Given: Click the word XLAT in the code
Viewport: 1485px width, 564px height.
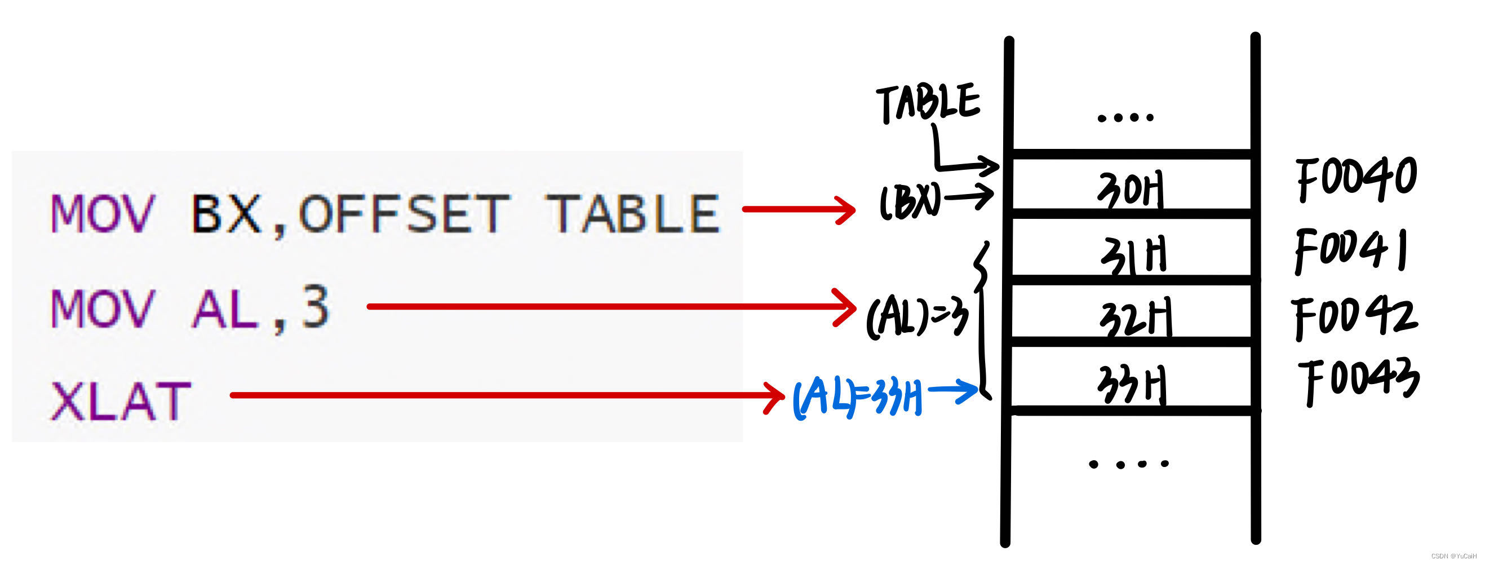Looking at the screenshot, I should [121, 402].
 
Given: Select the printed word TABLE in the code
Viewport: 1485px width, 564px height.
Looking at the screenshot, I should [633, 214].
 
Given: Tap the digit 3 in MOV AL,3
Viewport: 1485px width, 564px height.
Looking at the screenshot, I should [316, 308].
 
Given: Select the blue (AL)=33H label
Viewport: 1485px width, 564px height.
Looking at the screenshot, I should [857, 396].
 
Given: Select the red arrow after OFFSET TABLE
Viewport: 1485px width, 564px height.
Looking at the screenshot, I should [799, 209].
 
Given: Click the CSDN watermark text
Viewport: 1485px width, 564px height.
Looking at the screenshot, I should [1455, 556].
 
